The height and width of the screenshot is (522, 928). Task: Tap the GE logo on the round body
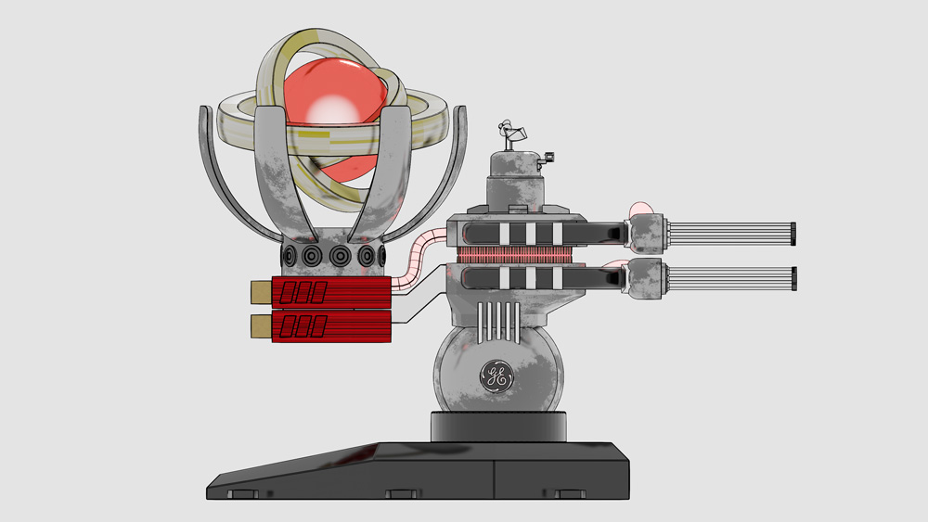496,376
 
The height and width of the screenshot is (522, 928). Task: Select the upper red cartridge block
331,292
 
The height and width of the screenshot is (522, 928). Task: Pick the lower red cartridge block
331,326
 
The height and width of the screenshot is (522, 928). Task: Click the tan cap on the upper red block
261,293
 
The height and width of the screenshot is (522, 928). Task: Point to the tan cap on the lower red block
261,326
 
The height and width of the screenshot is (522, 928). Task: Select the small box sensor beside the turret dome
547,158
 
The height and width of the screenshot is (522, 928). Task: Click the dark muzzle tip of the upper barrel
793,234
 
